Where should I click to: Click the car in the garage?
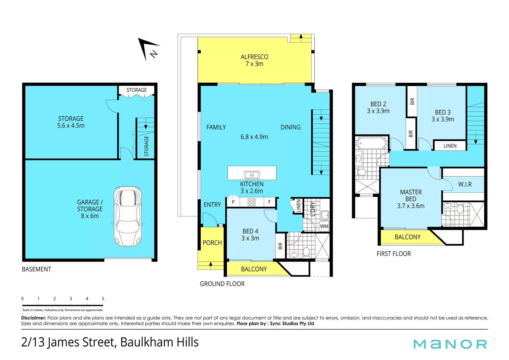click(x=128, y=216)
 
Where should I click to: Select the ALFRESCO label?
click(x=254, y=57)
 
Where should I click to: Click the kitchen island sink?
click(x=252, y=175)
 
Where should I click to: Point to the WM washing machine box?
click(x=324, y=226)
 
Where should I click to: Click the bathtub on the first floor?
click(x=371, y=143)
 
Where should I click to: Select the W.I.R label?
click(x=465, y=184)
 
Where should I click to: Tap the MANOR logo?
click(x=450, y=344)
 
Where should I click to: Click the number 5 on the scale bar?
click(x=103, y=299)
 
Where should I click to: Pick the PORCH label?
click(x=212, y=243)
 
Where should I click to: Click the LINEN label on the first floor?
click(x=450, y=146)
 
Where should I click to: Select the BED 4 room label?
click(x=250, y=231)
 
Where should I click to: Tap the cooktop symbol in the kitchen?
click(x=252, y=202)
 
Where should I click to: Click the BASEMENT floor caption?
click(x=36, y=269)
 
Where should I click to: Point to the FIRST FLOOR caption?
click(x=394, y=254)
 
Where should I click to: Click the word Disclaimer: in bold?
click(x=34, y=318)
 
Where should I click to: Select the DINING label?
click(x=291, y=127)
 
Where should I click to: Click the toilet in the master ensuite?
click(x=460, y=208)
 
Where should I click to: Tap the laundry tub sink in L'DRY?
click(x=325, y=215)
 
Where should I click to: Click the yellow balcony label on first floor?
click(x=407, y=237)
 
